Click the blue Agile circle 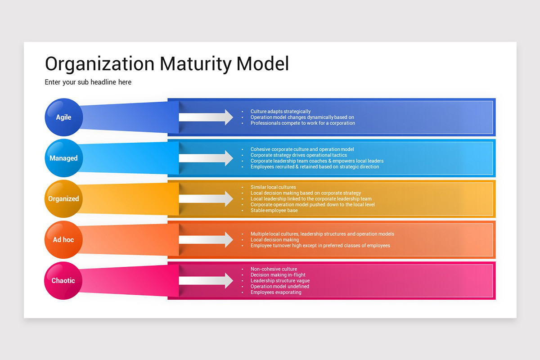tap(63, 117)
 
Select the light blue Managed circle tap(63, 158)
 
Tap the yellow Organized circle tap(63, 199)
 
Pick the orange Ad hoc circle tap(63, 239)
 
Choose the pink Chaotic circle tap(63, 280)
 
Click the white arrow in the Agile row tap(206, 117)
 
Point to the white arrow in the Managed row tap(206, 158)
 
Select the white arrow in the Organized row tap(206, 199)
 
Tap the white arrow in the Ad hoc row tap(206, 240)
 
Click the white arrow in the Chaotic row tap(206, 281)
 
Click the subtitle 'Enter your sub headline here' tap(88, 82)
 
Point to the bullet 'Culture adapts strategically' tap(280, 111)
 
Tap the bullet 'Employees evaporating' tap(276, 292)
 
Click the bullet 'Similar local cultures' tap(273, 187)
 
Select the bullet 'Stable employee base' tap(274, 211)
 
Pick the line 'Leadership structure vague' tap(280, 281)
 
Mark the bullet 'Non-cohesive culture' tap(274, 269)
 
